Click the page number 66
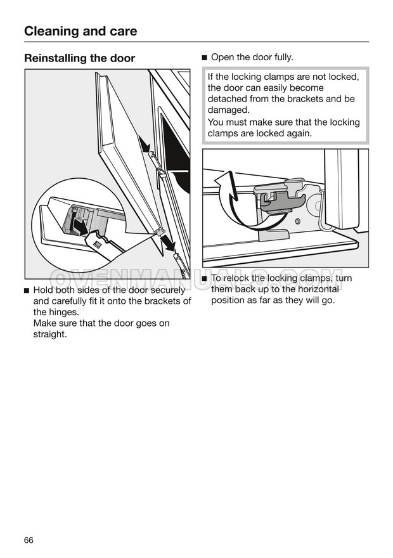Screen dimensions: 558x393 click(x=29, y=540)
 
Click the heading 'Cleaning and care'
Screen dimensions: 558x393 click(x=81, y=30)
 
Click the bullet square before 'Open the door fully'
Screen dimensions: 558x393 click(x=205, y=58)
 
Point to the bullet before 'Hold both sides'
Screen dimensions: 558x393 click(x=27, y=290)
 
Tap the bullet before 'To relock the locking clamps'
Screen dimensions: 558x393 click(x=205, y=279)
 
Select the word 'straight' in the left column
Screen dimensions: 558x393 click(x=49, y=334)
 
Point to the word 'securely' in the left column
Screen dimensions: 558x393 click(x=167, y=290)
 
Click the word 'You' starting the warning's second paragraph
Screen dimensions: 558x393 click(x=216, y=122)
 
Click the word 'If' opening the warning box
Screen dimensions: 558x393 click(x=211, y=77)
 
